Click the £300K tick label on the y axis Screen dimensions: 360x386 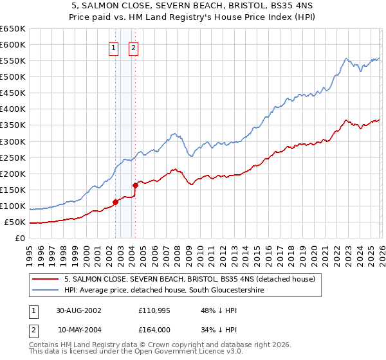point(13,141)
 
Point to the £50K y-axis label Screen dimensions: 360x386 point(15,222)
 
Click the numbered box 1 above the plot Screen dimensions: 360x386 point(114,48)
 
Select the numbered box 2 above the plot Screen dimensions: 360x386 point(133,48)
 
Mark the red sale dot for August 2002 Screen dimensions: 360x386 point(116,202)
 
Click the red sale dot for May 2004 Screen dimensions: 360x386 point(135,185)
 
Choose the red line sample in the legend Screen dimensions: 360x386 point(46,279)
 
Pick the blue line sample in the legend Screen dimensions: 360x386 point(46,291)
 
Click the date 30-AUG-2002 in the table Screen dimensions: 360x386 point(78,310)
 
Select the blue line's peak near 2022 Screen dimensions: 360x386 point(345,59)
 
